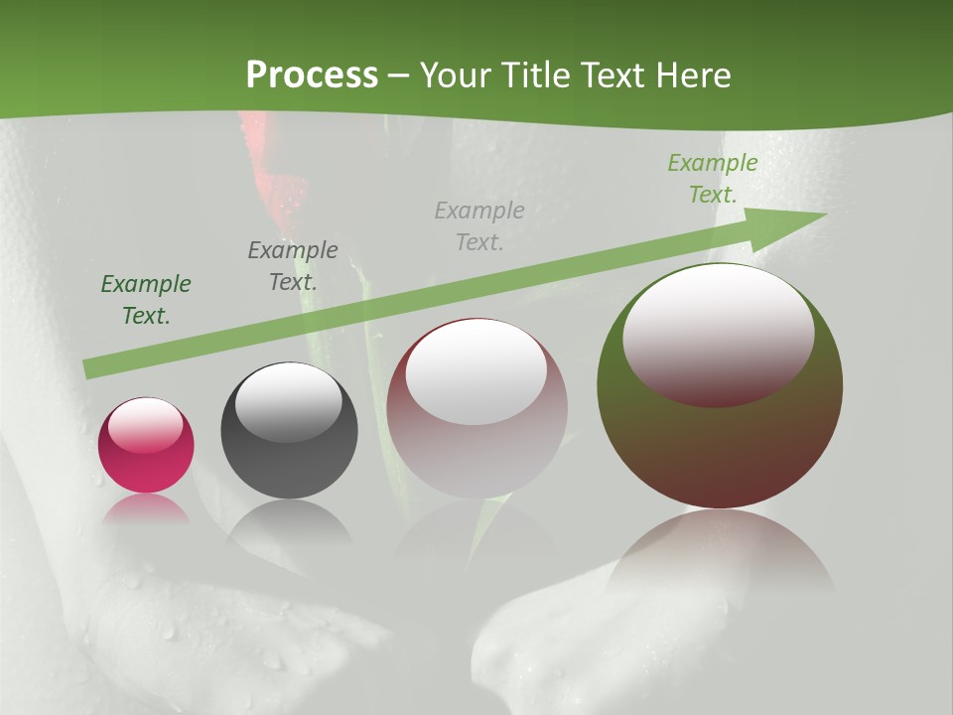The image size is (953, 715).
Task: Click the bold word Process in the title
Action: (312, 75)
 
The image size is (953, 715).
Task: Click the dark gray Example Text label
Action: (293, 266)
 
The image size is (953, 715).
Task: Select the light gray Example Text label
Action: (479, 225)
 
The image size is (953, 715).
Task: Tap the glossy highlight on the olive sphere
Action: (718, 333)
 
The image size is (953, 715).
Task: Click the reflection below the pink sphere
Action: (146, 509)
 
